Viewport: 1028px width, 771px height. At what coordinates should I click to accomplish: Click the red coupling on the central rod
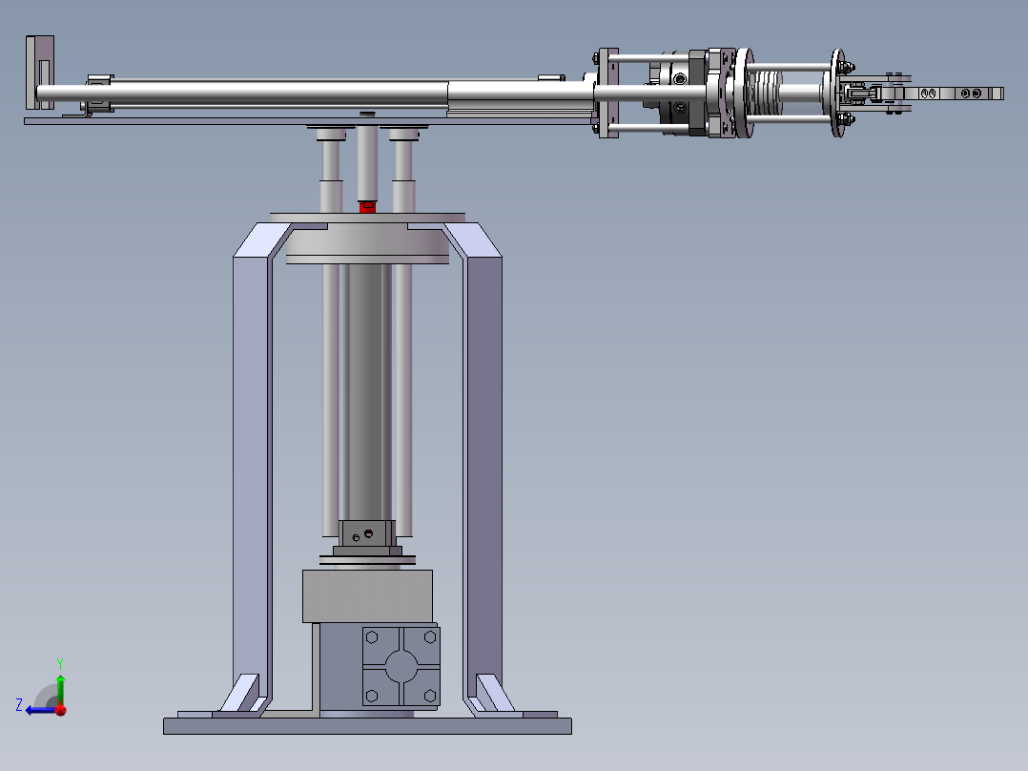(x=368, y=207)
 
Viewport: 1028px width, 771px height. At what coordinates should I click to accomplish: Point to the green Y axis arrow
(x=60, y=690)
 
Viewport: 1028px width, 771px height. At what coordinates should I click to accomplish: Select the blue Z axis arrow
(x=41, y=710)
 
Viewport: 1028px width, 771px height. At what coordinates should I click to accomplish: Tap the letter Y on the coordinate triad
(x=60, y=663)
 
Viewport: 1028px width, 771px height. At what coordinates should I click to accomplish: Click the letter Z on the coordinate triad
(x=19, y=705)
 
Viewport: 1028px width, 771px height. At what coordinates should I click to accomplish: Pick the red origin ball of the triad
(x=61, y=710)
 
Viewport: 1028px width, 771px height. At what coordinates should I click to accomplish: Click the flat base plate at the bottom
(x=367, y=726)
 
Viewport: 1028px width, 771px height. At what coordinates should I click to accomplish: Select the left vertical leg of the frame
(x=252, y=472)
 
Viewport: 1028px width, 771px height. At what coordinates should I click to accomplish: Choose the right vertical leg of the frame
(x=483, y=472)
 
